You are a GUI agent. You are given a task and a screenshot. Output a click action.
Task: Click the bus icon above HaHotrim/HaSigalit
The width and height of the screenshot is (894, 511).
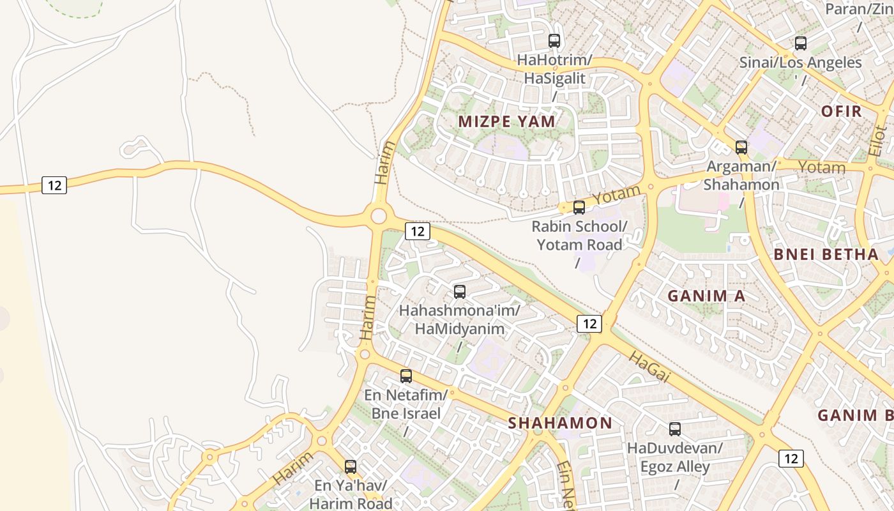point(554,41)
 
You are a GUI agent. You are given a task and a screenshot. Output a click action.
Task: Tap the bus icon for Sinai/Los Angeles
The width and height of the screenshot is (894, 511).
point(800,43)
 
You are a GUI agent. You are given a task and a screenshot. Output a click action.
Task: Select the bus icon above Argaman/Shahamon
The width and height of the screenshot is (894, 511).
point(741,148)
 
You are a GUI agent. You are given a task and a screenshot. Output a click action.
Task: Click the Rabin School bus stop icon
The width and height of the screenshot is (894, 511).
point(579,207)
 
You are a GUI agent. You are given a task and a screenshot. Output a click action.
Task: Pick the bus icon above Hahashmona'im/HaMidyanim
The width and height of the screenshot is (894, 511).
point(459,292)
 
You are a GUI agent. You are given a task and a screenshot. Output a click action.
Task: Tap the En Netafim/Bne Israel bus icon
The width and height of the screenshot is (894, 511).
point(405,376)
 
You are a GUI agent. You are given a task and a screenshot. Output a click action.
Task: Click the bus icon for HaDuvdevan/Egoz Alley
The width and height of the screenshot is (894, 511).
point(674,429)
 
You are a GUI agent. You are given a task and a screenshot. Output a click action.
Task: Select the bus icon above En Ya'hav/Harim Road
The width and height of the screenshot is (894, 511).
point(350,467)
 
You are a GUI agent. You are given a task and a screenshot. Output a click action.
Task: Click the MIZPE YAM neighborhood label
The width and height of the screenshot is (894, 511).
point(507,121)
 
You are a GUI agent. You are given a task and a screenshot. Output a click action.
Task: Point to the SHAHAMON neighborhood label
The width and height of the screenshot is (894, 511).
point(560,423)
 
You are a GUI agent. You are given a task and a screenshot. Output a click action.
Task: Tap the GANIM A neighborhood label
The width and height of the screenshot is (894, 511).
point(706,296)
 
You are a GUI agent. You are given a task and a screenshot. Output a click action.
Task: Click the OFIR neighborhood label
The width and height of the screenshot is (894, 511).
point(841,111)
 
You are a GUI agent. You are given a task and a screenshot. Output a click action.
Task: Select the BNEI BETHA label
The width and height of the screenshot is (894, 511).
point(826,254)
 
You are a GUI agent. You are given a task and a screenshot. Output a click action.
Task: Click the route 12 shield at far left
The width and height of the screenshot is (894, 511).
point(54,185)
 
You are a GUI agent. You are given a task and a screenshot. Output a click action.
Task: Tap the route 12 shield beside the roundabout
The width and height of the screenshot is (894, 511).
point(417,231)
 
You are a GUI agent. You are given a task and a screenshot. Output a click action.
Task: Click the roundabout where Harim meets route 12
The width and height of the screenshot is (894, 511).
point(378,216)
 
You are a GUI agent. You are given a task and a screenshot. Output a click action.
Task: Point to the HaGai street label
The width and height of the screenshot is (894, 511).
point(649,368)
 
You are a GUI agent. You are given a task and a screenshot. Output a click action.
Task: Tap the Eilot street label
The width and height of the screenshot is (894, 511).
point(878,141)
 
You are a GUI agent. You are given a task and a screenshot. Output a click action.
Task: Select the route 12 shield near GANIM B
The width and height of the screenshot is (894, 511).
point(791,458)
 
